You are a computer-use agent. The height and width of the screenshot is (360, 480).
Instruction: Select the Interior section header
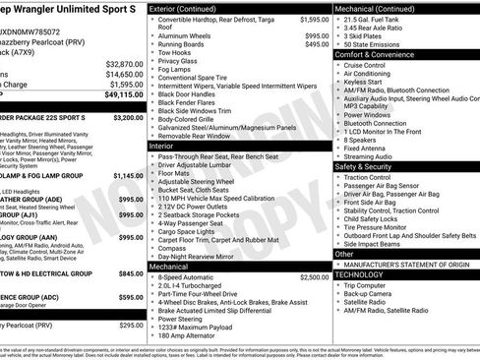pyautogui.click(x=161, y=145)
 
